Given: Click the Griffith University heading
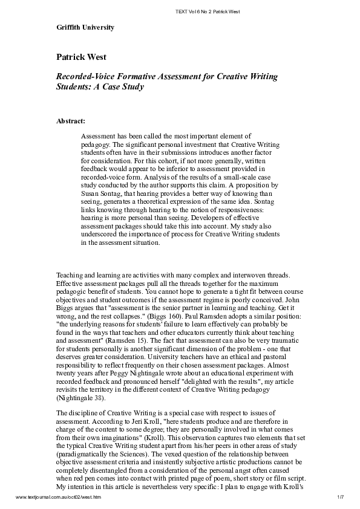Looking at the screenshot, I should point(85,28).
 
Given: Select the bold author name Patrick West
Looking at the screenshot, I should point(82,57).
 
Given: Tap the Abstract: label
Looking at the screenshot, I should point(71,121).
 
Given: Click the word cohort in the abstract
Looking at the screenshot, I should point(141,161).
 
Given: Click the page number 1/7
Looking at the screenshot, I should point(340,496).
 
